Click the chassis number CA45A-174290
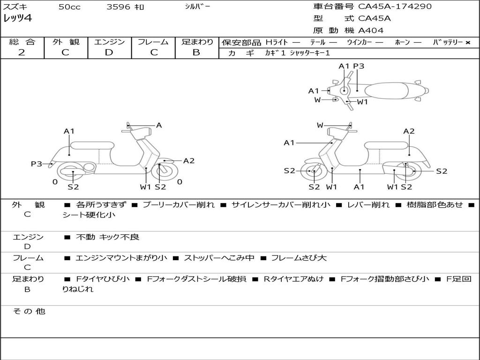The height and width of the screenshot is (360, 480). click(x=395, y=7)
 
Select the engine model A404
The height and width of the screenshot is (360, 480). click(x=371, y=30)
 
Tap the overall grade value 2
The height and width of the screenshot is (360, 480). click(x=22, y=52)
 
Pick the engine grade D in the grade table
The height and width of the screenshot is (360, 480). click(x=109, y=52)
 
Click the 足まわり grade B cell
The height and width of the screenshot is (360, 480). click(x=196, y=52)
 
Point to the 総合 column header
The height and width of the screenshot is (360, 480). click(x=22, y=42)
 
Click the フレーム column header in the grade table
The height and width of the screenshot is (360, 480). click(x=153, y=42)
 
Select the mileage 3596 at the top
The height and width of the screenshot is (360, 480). click(x=119, y=7)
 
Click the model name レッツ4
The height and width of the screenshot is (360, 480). click(x=17, y=19)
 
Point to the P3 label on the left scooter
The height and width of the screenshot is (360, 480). click(x=36, y=164)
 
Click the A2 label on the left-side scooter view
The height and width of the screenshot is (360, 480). click(x=188, y=161)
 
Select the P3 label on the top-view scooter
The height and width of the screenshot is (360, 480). click(x=359, y=66)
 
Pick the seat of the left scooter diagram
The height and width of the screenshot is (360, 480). click(x=91, y=145)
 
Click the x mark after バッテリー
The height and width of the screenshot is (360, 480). click(x=467, y=42)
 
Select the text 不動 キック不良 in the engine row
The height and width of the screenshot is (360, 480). click(x=107, y=237)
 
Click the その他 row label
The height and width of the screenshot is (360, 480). click(x=29, y=311)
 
